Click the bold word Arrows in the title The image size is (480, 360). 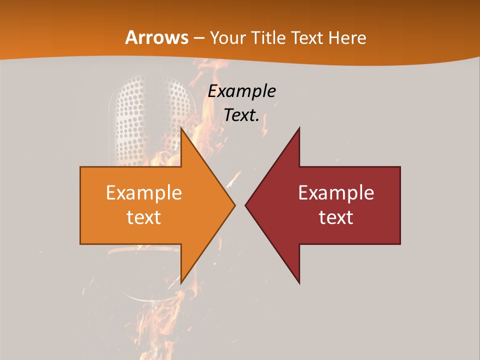coord(156,37)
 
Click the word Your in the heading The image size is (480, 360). coord(228,38)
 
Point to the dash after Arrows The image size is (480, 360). coord(198,38)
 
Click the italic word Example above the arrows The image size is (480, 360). coord(242,91)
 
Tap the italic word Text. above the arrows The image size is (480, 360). coord(242,115)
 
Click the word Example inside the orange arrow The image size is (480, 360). coord(144,193)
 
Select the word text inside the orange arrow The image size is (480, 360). coord(144,217)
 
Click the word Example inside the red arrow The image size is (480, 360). coord(336,193)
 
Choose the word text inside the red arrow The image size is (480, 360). coord(336,217)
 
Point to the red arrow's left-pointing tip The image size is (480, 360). coord(246,205)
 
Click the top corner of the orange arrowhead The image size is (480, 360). coord(181,129)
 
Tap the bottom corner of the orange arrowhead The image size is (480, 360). coord(181,282)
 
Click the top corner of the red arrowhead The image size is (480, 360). coord(299,129)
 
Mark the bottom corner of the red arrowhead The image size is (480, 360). coord(299,282)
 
